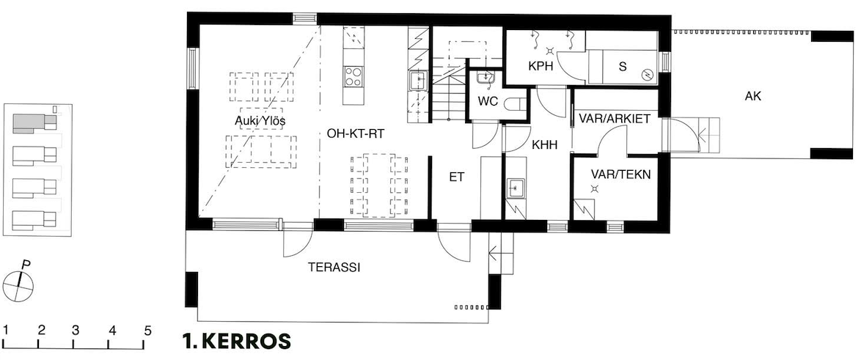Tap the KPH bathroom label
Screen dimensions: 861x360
click(541, 66)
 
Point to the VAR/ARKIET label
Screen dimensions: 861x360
click(615, 119)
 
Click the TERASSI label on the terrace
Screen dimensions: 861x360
click(334, 268)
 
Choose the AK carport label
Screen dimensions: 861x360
click(753, 97)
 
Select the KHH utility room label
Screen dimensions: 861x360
click(545, 145)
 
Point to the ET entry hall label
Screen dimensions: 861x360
click(457, 177)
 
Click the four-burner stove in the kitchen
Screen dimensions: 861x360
click(353, 77)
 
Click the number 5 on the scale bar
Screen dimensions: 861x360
click(147, 331)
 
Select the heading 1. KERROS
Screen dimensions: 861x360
click(237, 341)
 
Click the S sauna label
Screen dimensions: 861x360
click(622, 67)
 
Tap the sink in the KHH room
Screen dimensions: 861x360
click(515, 188)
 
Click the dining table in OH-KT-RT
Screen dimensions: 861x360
click(379, 185)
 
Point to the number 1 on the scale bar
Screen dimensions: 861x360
click(5, 331)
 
